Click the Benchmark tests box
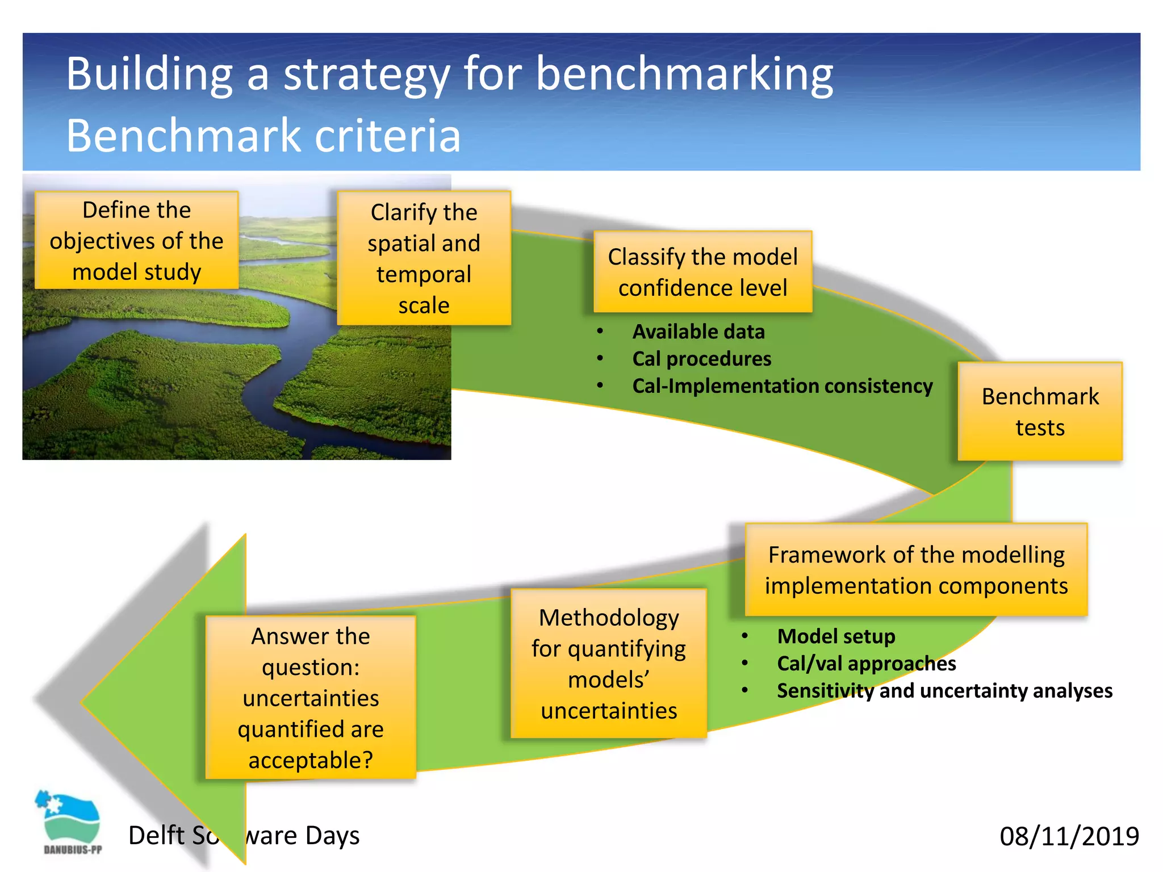point(1040,412)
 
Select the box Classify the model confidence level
point(702,272)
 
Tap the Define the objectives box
point(136,241)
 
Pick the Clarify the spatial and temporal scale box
point(424,258)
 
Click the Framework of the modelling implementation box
point(916,570)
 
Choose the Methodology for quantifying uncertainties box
point(609,664)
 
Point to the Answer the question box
point(311,698)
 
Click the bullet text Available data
point(698,332)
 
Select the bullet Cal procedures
point(701,359)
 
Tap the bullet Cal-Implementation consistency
point(782,386)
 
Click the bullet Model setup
point(836,636)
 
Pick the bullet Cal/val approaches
point(866,664)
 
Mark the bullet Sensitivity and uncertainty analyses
point(944,691)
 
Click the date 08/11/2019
point(1069,836)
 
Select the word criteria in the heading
point(387,136)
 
